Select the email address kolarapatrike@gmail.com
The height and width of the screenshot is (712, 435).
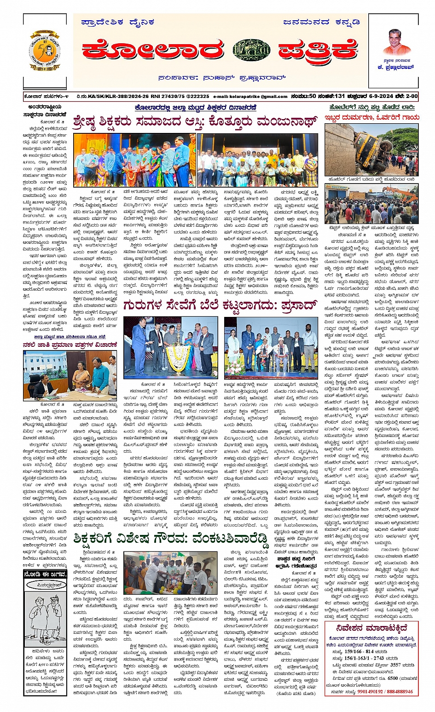[250, 97]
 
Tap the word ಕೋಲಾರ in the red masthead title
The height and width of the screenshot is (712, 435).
[153, 50]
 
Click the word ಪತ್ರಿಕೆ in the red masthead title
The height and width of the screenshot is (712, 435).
[318, 50]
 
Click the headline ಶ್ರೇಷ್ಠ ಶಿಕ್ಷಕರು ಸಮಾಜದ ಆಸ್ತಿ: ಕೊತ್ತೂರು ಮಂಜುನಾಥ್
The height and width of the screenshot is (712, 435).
[195, 122]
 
